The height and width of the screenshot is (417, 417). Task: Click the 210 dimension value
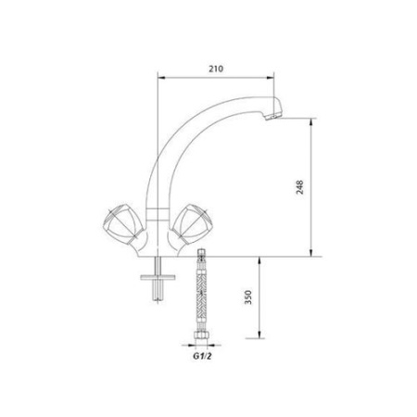pyautogui.click(x=217, y=68)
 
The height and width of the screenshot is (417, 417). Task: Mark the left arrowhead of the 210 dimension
pyautogui.click(x=159, y=78)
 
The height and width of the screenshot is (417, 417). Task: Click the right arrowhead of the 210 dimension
pyautogui.click(x=275, y=78)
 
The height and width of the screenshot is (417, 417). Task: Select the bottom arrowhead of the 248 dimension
pyautogui.click(x=310, y=252)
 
